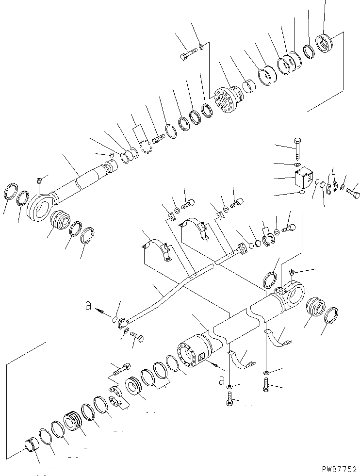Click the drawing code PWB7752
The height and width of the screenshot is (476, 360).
[339, 469]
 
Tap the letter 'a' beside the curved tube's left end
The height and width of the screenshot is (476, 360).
[88, 306]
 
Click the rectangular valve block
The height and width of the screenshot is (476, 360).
[304, 179]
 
